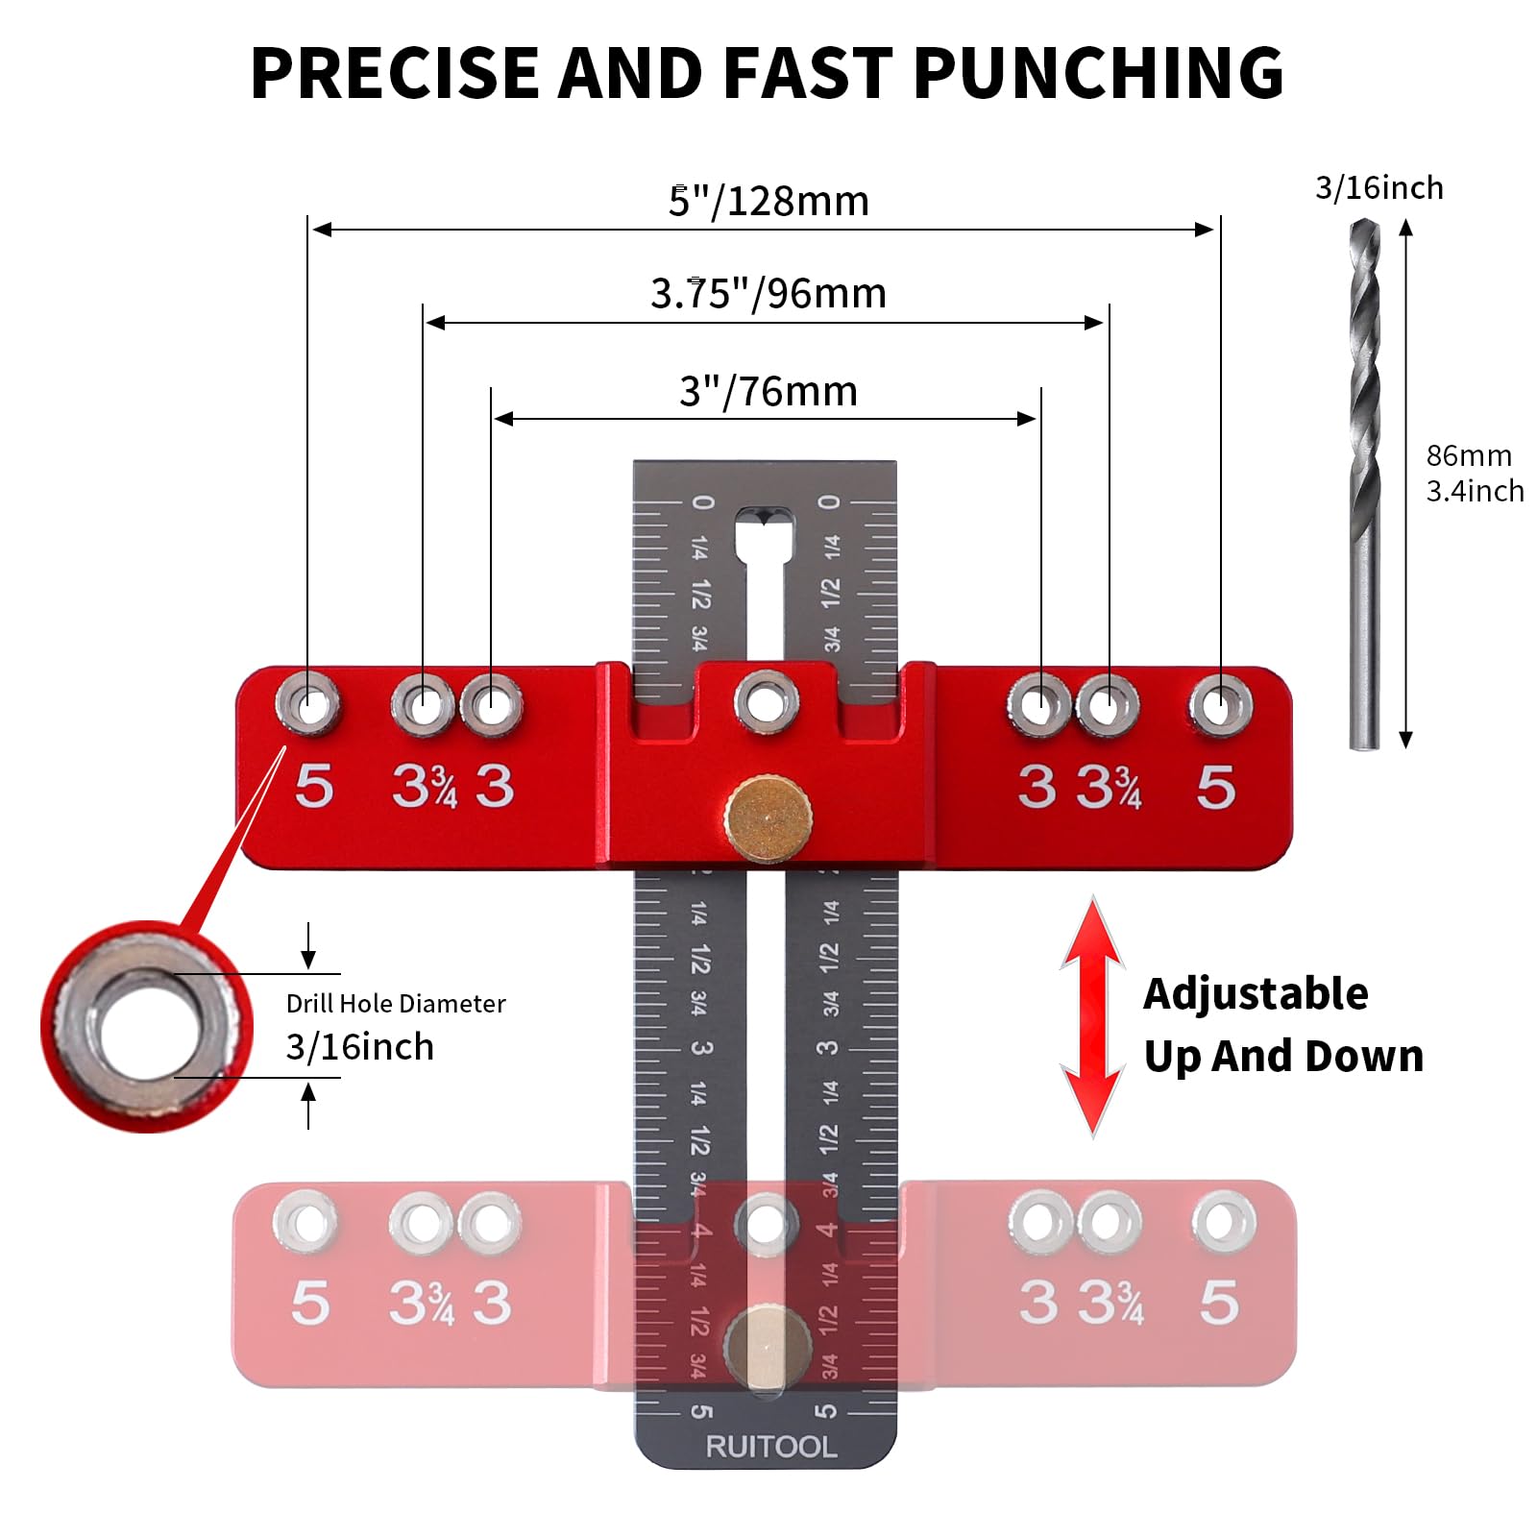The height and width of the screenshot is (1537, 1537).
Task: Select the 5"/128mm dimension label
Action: (768, 202)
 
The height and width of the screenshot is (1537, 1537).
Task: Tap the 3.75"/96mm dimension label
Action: (768, 293)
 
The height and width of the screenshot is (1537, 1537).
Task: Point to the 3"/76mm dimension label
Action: (768, 391)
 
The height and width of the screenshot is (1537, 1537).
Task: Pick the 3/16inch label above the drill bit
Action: (1378, 188)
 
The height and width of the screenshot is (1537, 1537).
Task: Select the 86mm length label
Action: (1469, 455)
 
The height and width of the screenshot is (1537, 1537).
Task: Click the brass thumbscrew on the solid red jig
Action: (768, 818)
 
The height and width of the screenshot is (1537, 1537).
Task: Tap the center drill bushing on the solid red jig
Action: (766, 700)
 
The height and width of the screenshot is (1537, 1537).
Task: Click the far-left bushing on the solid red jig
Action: (308, 704)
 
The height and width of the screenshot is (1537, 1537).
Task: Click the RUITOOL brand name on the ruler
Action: (770, 1447)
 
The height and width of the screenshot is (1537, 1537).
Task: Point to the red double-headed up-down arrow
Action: (1092, 1016)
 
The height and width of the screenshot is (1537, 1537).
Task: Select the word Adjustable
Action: (1256, 993)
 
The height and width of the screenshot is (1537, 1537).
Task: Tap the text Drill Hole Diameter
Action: (396, 1004)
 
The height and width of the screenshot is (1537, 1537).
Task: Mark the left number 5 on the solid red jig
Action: (314, 787)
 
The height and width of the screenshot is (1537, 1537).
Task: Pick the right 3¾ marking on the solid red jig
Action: (1109, 788)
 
